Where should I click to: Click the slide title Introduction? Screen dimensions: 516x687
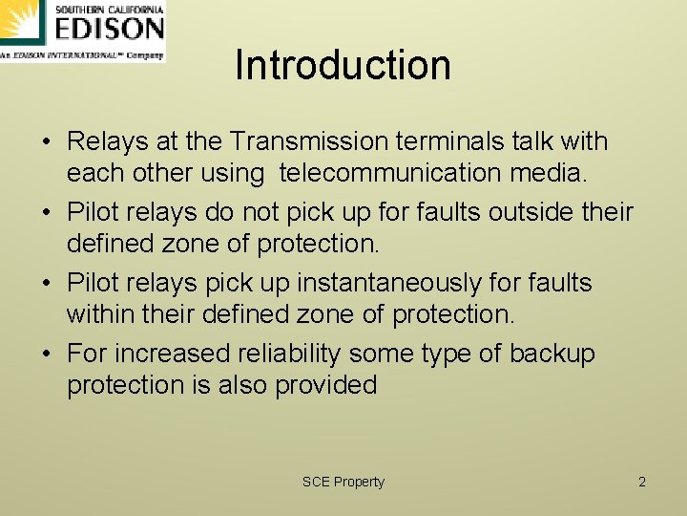[x=343, y=65]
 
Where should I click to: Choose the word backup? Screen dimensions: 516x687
[x=552, y=354]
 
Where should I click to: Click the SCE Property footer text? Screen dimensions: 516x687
[x=343, y=482]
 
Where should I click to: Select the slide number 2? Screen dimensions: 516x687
[x=642, y=482]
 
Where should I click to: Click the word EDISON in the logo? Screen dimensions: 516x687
[x=109, y=30]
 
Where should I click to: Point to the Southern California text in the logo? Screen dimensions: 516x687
[x=109, y=9]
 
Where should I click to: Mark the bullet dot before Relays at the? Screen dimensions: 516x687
[x=46, y=142]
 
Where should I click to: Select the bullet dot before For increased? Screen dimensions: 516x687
[x=46, y=355]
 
